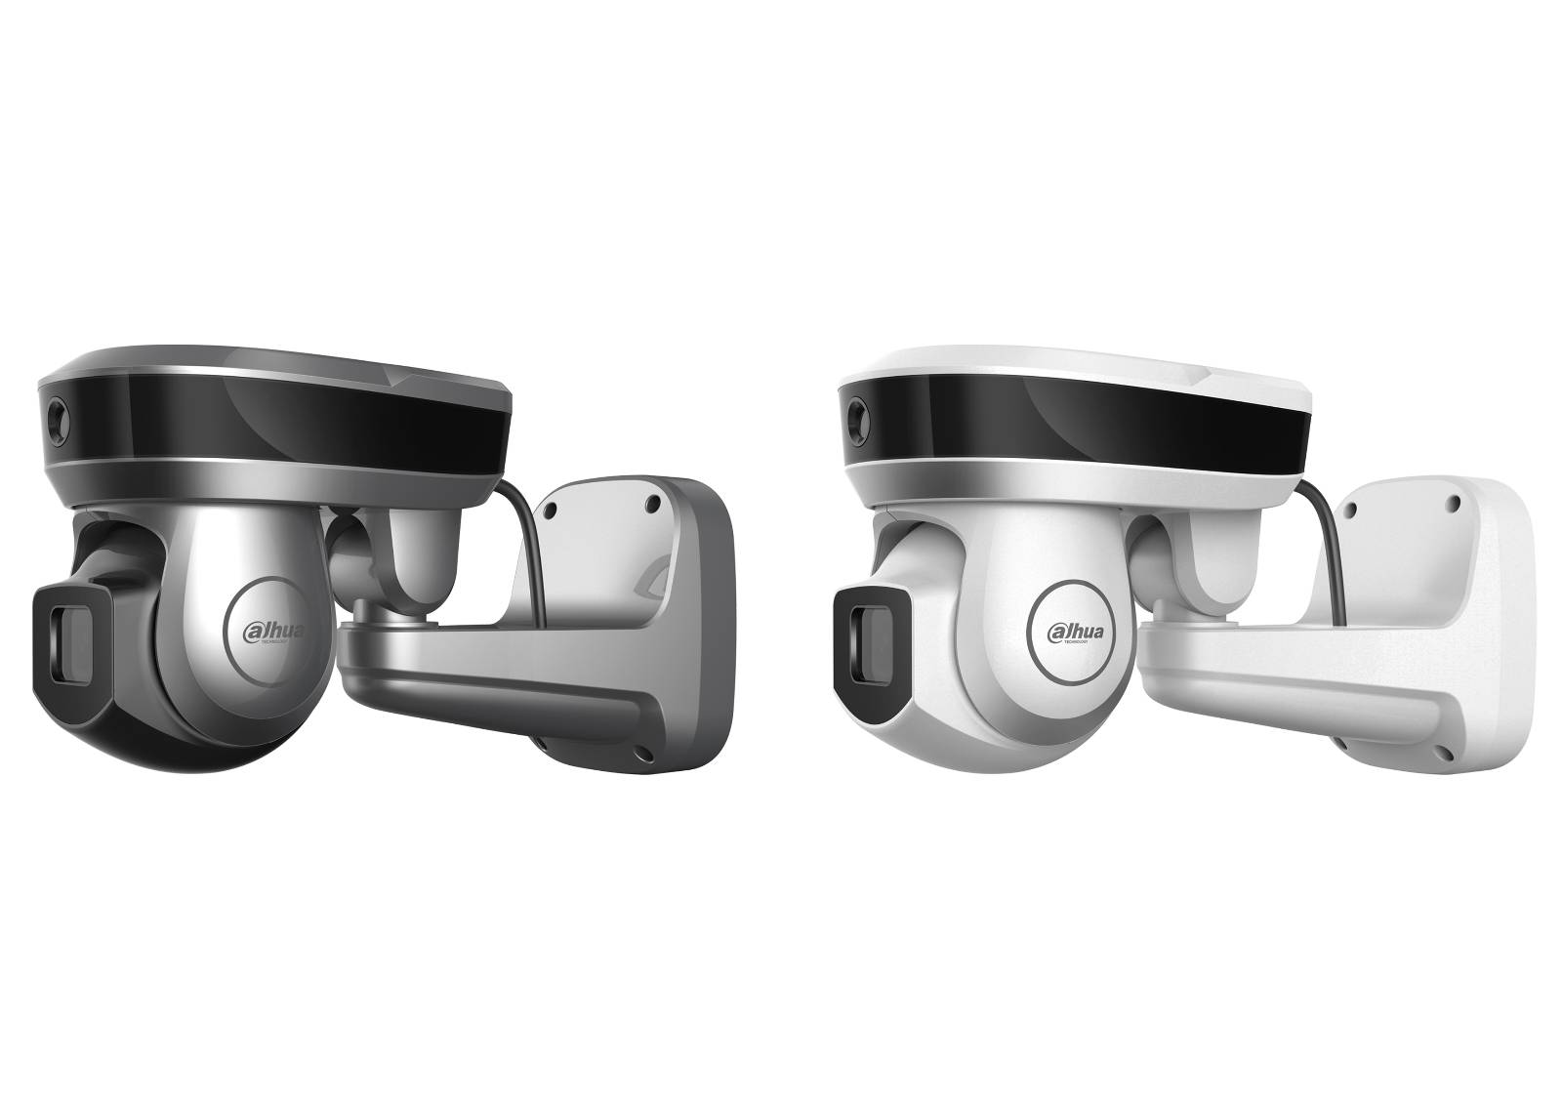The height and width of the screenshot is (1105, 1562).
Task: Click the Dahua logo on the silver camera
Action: (274, 632)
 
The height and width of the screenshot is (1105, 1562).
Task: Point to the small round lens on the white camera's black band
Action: (856, 409)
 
